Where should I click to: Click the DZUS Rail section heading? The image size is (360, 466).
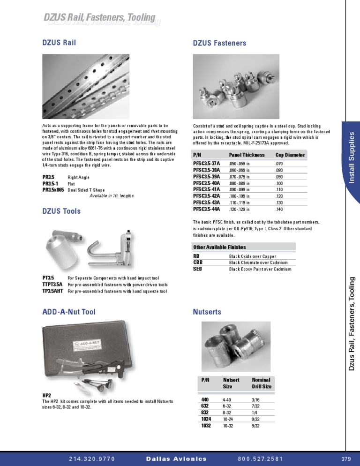[59, 43]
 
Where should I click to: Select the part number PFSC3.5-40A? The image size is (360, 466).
[207, 183]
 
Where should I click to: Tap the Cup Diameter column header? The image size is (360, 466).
[290, 155]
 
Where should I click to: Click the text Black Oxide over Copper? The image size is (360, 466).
[252, 256]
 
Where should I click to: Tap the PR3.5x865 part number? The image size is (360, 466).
[53, 190]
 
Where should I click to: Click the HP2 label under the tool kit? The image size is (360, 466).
[47, 395]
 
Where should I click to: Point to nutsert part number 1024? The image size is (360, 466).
[206, 419]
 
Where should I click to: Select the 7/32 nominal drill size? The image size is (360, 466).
[256, 406]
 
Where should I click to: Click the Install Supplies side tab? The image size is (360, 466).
[352, 158]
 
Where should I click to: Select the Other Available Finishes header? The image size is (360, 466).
[219, 247]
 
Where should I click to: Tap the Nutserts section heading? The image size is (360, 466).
[207, 311]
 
